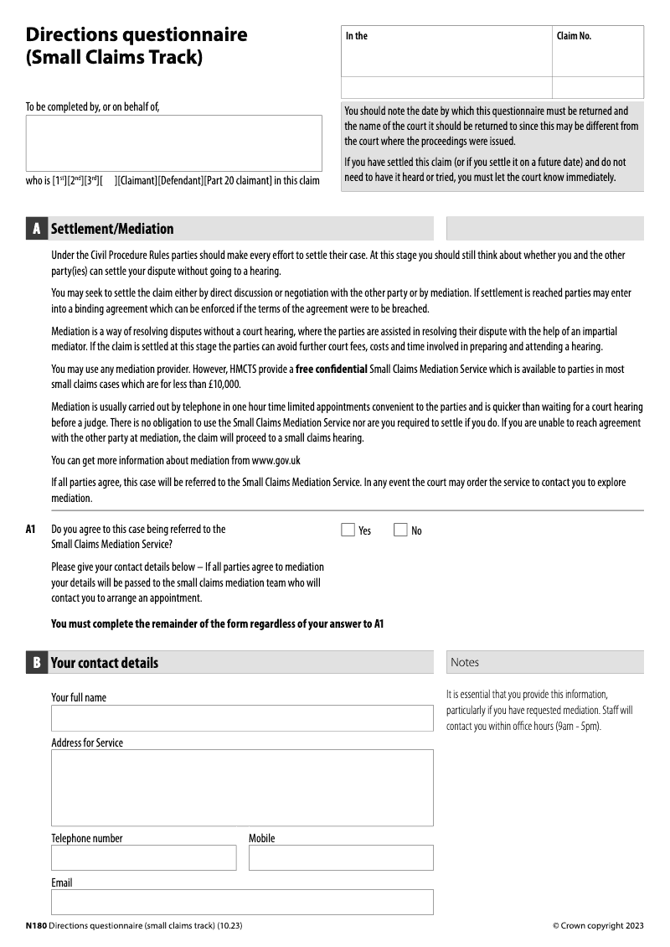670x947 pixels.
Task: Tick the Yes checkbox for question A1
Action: (x=348, y=530)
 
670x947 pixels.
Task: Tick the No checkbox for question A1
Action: (x=400, y=530)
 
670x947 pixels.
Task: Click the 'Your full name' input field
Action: (x=242, y=718)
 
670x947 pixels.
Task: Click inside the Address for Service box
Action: (x=242, y=788)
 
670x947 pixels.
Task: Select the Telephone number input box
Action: (x=144, y=857)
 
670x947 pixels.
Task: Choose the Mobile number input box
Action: (x=341, y=857)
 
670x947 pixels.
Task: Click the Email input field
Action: (x=242, y=902)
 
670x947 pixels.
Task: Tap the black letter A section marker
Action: (x=36, y=229)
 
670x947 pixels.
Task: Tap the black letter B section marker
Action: (x=36, y=663)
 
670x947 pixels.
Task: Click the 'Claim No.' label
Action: (x=574, y=36)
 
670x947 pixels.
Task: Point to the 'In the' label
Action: (x=357, y=36)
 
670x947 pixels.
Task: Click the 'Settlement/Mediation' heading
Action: (x=112, y=229)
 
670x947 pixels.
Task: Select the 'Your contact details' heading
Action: (x=105, y=663)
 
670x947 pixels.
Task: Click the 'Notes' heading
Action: (x=465, y=663)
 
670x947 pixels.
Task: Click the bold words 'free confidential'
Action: (x=332, y=369)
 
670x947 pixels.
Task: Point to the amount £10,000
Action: (x=222, y=384)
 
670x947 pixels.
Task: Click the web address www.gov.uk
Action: (x=276, y=460)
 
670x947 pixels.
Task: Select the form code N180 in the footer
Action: (x=36, y=925)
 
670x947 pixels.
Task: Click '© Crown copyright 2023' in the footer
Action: (x=598, y=925)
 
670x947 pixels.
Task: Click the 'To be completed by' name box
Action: (x=173, y=143)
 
